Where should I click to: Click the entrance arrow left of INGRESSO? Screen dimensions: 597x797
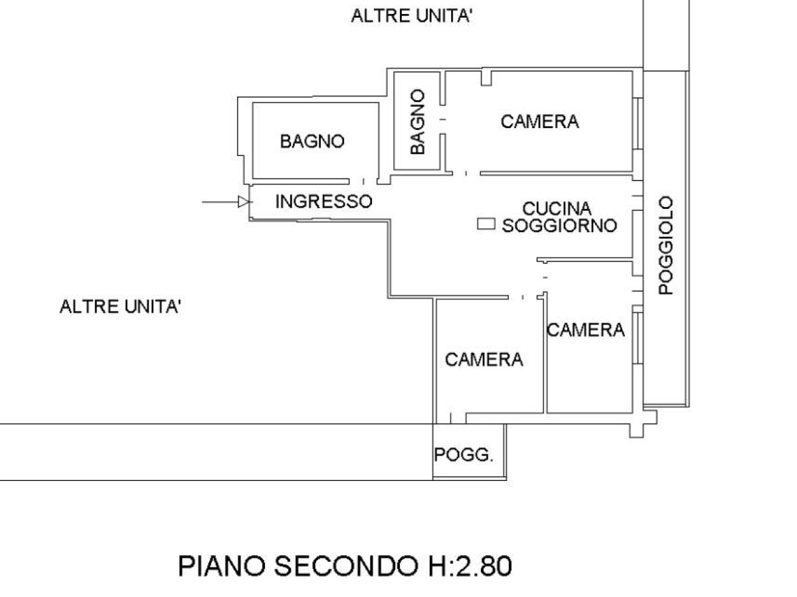point(226,202)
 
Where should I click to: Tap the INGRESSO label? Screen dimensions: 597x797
point(323,201)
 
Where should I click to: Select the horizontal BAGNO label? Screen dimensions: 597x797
point(312,141)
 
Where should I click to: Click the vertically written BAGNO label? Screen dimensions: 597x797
point(418,123)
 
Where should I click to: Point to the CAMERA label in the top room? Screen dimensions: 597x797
point(539,121)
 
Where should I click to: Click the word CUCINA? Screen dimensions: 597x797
point(557,209)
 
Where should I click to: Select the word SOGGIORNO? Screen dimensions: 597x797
point(559,226)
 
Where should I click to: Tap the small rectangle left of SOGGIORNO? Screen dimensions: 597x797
point(487,225)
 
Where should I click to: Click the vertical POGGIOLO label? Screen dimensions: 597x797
point(666,245)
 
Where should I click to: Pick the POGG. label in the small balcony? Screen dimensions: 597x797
point(464,456)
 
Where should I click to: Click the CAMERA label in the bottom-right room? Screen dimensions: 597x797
point(585,330)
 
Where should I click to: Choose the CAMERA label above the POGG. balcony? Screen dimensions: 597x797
point(484,360)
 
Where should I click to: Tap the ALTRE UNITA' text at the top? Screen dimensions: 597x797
point(412,16)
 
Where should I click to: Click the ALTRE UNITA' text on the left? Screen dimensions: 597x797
point(120,307)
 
